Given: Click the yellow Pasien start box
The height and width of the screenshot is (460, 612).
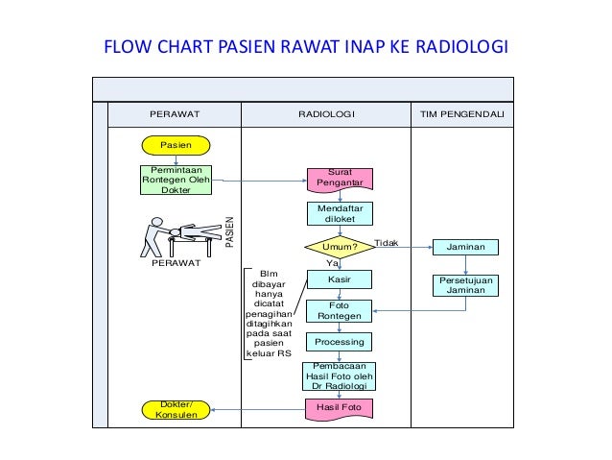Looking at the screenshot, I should (175, 145).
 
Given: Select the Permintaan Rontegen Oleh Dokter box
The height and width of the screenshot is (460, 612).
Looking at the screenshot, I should (175, 180).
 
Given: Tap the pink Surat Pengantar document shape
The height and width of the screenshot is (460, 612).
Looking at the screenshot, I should (339, 179).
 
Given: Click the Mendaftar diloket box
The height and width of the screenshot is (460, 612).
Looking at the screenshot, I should (339, 214).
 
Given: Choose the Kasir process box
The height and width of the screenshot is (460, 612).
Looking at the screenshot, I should (339, 279).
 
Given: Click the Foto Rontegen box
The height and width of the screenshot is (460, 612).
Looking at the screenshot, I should (339, 311).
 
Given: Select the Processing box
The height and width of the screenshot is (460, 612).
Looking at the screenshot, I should (339, 342).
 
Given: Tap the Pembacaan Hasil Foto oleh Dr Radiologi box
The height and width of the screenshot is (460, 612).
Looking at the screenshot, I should (339, 375).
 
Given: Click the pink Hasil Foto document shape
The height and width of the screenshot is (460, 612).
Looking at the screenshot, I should (339, 409).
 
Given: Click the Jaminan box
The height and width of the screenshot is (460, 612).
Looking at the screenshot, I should (465, 247).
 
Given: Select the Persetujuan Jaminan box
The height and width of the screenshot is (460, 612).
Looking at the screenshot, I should (465, 285).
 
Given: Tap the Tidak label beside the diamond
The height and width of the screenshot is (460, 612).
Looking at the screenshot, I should (386, 243).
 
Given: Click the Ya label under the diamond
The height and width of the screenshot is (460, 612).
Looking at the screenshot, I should (333, 262).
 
